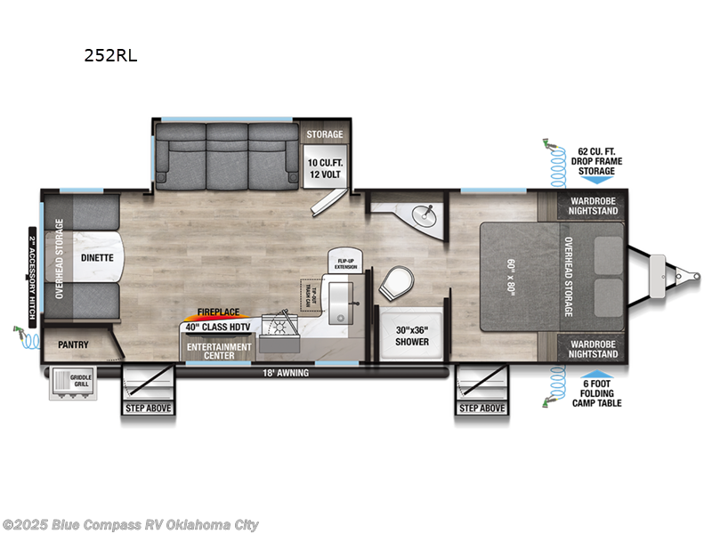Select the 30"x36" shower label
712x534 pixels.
[x=411, y=336]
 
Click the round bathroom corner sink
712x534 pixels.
[x=425, y=214]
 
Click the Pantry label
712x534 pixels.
[x=74, y=344]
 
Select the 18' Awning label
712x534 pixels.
[x=287, y=373]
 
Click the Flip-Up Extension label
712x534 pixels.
[x=345, y=260]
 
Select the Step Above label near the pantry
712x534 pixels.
[x=148, y=409]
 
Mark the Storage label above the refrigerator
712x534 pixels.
[x=325, y=134]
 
